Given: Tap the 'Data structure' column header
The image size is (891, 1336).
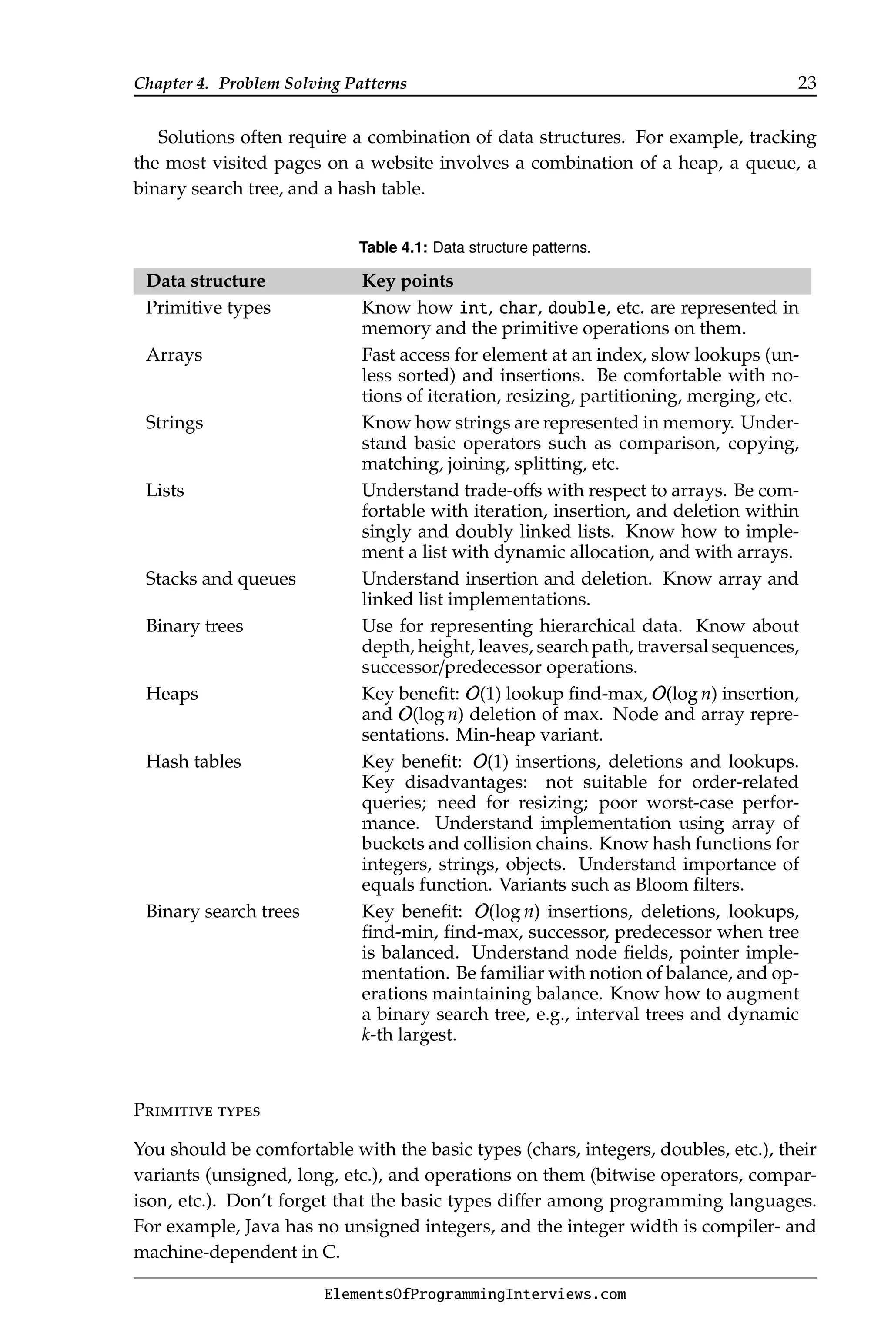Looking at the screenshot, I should [x=206, y=281].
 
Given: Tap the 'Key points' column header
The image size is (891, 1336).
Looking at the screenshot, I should [x=407, y=281].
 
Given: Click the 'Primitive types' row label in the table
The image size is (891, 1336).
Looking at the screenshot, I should [x=208, y=308].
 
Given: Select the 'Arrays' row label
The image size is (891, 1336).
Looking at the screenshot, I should [x=174, y=355].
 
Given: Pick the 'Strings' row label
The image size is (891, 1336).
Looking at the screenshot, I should [x=174, y=423].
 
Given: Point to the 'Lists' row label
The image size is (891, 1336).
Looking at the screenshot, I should [x=165, y=490].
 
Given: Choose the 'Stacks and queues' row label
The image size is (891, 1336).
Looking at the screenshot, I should [x=221, y=579].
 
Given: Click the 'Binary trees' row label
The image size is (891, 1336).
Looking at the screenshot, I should [x=194, y=626].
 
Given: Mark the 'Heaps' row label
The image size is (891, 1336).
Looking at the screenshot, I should [x=171, y=694].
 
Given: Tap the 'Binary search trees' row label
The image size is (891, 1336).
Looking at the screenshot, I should [x=222, y=911].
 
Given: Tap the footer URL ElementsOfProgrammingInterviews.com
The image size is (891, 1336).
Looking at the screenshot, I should [x=475, y=1295].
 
